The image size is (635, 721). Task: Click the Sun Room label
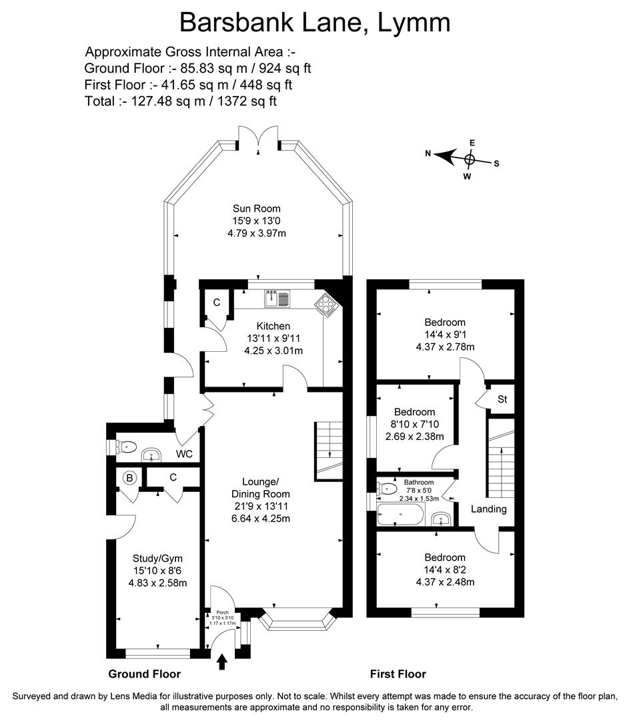click(x=257, y=208)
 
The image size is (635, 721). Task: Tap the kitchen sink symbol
click(x=277, y=298)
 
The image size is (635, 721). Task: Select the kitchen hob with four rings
click(x=327, y=304)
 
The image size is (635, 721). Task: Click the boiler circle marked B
click(x=131, y=477)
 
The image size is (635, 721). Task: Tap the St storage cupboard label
click(x=502, y=400)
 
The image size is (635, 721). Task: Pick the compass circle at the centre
click(x=470, y=160)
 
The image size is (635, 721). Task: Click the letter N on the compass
click(x=428, y=154)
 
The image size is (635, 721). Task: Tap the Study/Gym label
click(x=157, y=558)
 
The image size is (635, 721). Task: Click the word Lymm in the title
click(x=414, y=23)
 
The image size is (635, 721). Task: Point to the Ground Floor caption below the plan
click(x=144, y=674)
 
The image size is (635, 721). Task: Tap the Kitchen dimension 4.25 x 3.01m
click(x=273, y=350)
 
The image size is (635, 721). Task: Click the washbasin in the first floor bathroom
click(x=440, y=518)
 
